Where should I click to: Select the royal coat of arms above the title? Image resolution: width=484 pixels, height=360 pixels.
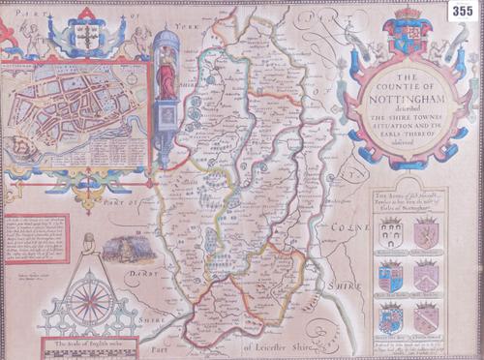[x=407, y=34]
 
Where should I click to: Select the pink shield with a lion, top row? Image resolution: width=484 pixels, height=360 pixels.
[x=426, y=232]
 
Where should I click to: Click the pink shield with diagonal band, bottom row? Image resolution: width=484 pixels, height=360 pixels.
[x=426, y=316]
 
